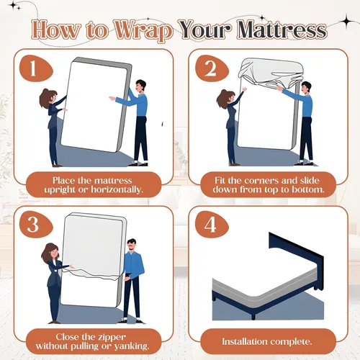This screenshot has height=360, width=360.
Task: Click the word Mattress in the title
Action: tap(282, 30)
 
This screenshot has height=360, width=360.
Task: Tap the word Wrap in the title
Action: tap(143, 31)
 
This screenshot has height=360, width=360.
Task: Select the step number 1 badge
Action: tap(36, 69)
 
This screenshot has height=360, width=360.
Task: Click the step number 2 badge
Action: tap(212, 69)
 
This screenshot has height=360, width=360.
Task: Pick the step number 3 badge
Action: tap(36, 225)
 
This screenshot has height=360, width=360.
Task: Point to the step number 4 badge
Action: tap(212, 225)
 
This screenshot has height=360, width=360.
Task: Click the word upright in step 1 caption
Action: tap(60, 190)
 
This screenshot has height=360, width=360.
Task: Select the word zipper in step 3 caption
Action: tap(111, 338)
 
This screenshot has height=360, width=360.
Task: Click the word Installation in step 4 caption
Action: tap(246, 341)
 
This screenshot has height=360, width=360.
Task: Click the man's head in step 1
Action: tap(140, 86)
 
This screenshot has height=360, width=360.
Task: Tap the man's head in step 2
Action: tap(306, 88)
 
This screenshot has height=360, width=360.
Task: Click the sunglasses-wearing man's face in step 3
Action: tap(131, 246)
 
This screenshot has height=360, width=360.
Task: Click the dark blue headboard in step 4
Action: tap(296, 255)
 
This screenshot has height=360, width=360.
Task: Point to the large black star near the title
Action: tap(346, 22)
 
